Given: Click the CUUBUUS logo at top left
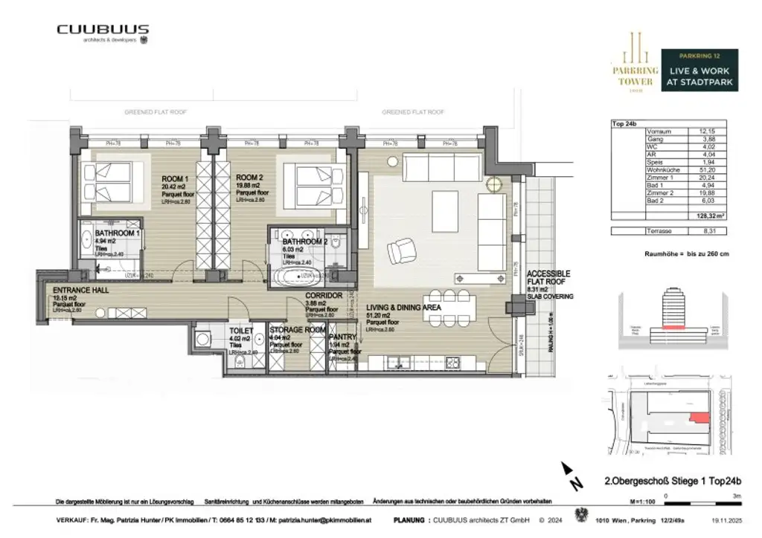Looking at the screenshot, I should click(x=103, y=32).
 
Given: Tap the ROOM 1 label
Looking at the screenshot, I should click(x=175, y=179).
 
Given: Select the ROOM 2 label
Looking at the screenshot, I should click(x=249, y=178).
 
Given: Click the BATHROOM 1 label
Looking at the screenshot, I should click(x=117, y=233).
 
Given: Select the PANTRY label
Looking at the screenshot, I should click(x=343, y=336).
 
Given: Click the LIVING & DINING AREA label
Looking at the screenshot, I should click(x=403, y=306).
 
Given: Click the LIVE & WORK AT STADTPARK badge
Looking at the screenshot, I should click(x=689, y=70).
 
